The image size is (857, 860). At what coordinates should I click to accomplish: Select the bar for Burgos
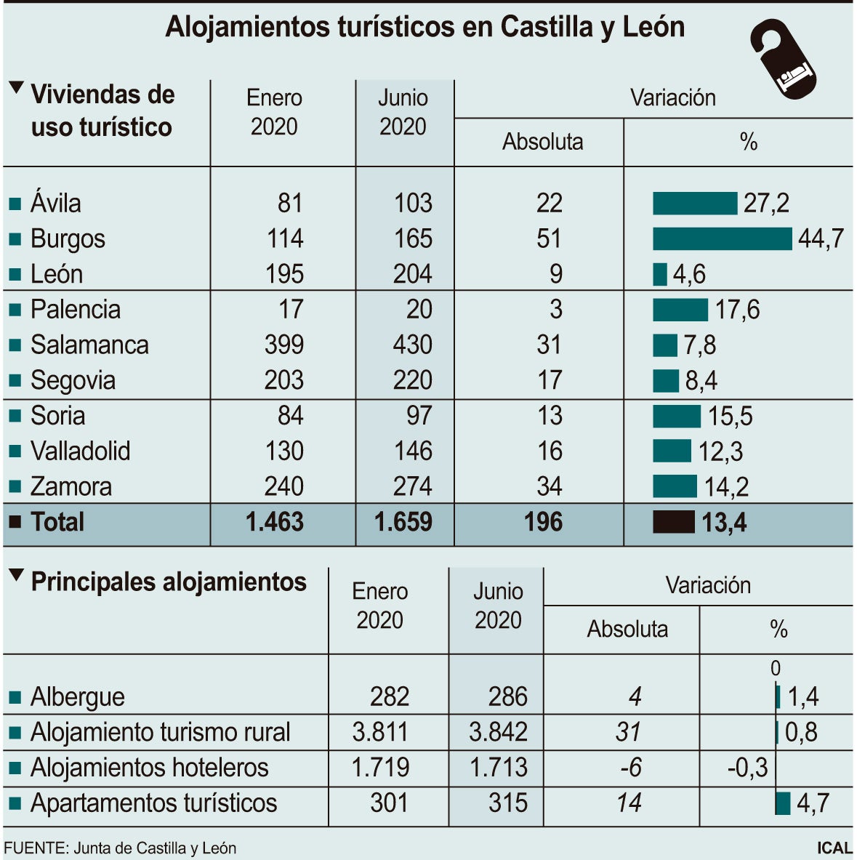722,238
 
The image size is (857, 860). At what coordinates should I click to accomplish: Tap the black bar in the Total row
673,522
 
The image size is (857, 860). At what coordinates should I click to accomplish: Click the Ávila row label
55,203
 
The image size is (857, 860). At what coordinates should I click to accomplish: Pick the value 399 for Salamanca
283,345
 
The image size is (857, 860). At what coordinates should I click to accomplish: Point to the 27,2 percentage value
766,203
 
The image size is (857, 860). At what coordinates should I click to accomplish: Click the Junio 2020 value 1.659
403,522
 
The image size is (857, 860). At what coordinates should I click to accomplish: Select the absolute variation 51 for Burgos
549,238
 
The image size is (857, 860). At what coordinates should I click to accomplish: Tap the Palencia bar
680,310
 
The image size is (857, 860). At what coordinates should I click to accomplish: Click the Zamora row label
71,486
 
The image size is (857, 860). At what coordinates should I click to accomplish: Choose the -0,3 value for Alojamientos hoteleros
747,768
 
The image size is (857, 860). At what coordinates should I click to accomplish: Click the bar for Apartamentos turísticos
783,803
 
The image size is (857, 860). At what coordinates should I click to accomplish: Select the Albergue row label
77,697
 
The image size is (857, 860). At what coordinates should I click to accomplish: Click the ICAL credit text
834,848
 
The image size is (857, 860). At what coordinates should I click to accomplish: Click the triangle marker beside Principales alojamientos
16,575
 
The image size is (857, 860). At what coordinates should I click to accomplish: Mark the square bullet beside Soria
15,417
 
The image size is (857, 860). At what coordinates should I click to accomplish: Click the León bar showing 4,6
659,274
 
